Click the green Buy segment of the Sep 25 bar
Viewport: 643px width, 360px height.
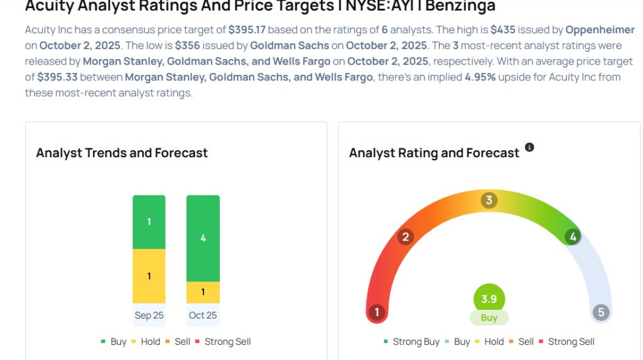(x=149, y=222)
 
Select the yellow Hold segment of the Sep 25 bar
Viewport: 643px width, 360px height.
(x=149, y=276)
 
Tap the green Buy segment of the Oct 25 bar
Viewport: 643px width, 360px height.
(x=203, y=238)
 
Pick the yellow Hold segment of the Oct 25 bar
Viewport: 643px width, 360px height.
(x=203, y=292)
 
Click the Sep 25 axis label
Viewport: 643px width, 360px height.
(x=149, y=315)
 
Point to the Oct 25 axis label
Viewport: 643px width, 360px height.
(x=203, y=315)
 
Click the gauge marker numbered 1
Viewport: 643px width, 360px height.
(x=377, y=312)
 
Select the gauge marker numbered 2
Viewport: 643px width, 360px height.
(x=406, y=237)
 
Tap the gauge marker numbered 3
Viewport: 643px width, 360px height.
(x=489, y=200)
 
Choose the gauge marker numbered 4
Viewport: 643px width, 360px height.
(x=572, y=237)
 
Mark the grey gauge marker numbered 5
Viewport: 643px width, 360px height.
(x=601, y=312)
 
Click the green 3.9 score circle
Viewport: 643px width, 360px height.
(x=489, y=299)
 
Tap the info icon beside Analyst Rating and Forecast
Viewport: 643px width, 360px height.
(x=529, y=147)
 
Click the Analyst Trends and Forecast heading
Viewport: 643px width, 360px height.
(x=122, y=153)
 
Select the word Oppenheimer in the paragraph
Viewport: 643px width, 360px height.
(x=600, y=30)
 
